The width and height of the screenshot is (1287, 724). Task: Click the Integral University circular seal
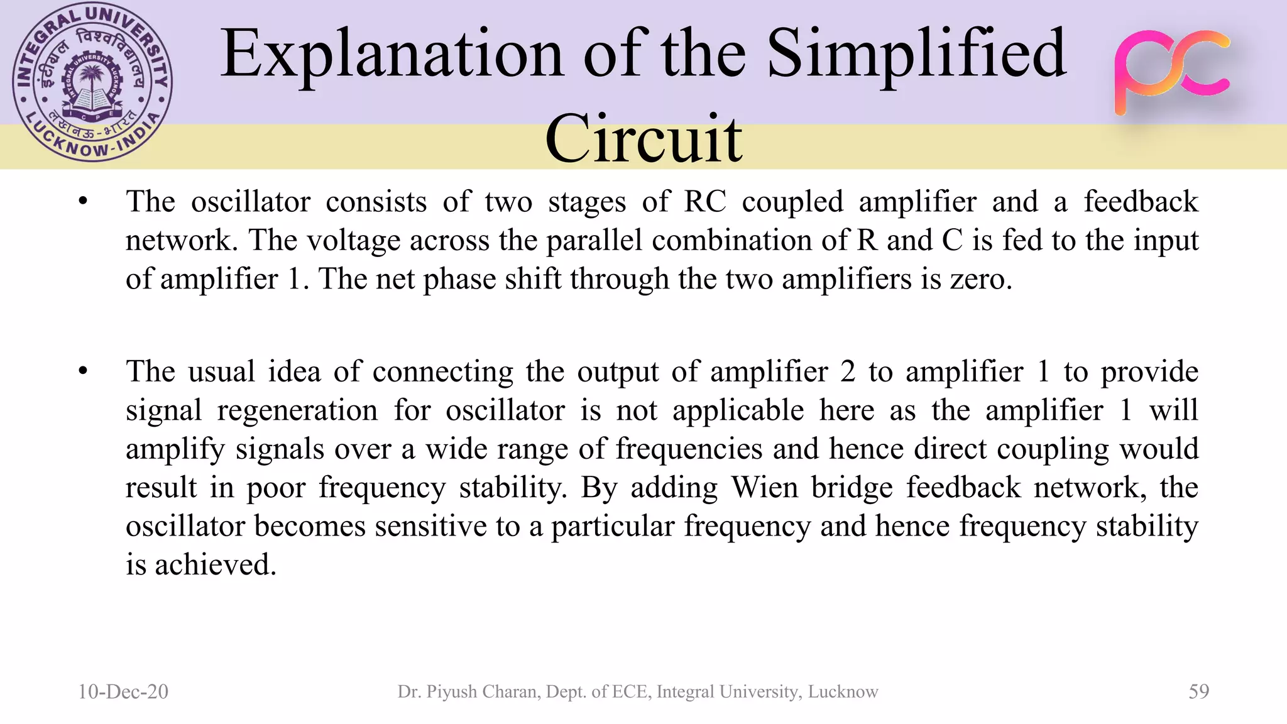(92, 82)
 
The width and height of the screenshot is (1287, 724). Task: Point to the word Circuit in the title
(643, 138)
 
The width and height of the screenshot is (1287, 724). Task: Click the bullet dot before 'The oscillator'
(83, 202)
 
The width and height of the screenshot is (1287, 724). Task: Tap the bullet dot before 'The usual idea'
(83, 371)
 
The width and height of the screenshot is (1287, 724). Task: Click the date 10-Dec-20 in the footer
(123, 691)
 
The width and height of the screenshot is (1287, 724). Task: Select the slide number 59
(1198, 691)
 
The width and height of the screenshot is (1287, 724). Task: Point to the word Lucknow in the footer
(843, 691)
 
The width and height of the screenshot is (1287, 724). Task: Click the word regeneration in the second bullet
(297, 410)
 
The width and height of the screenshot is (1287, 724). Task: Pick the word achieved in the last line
(215, 565)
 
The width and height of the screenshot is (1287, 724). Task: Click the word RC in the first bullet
(704, 202)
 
